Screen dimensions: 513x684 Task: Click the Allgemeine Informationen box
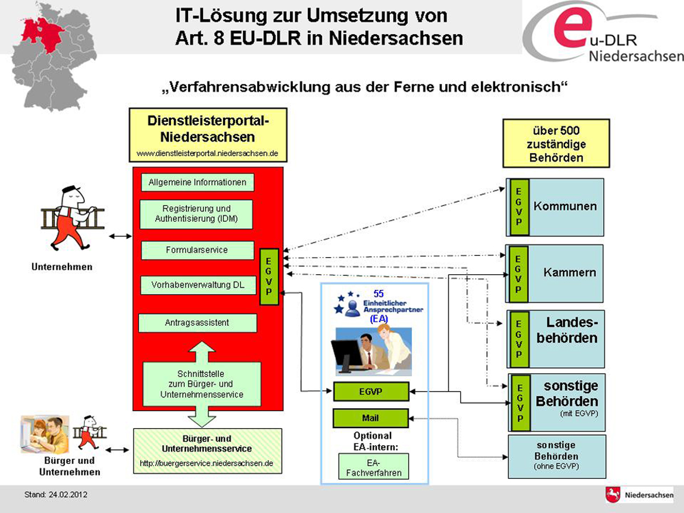click(197, 182)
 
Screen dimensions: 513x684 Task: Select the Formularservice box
click(197, 250)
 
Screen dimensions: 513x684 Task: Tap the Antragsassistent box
click(197, 323)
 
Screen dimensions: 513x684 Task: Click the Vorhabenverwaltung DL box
click(197, 284)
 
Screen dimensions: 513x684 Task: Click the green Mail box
click(370, 418)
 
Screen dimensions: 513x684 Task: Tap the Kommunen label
click(565, 206)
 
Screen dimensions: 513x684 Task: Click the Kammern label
click(569, 272)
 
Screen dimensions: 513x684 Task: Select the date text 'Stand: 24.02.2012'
click(56, 494)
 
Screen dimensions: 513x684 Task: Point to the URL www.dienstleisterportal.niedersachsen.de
click(207, 153)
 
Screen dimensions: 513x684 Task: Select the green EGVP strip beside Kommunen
click(519, 207)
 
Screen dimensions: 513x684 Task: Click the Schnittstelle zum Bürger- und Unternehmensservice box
click(201, 384)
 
